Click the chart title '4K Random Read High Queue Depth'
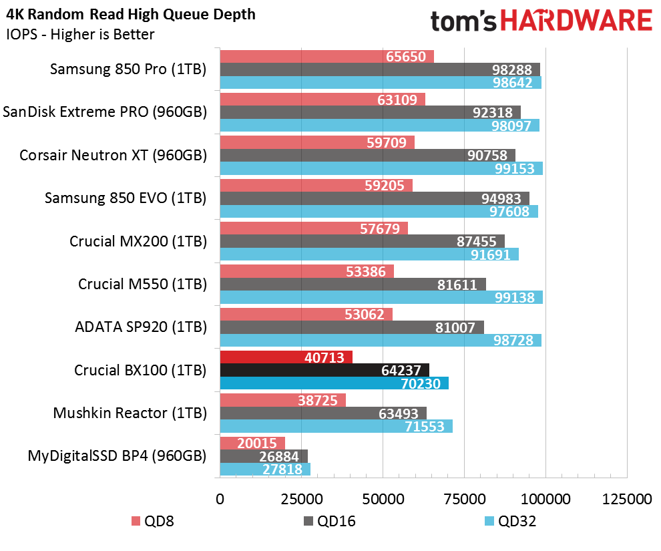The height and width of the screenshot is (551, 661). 131,15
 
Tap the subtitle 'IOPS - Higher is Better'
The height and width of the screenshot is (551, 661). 80,35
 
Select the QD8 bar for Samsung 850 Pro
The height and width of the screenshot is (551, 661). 326,57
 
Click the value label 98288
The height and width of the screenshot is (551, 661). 511,69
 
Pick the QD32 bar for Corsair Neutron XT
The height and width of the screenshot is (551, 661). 381,168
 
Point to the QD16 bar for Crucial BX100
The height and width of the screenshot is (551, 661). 324,370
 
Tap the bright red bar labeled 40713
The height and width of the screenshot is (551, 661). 286,357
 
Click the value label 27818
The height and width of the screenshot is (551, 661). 282,470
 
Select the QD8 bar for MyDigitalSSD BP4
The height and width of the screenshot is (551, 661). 252,443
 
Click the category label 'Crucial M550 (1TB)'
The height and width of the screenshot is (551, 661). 142,284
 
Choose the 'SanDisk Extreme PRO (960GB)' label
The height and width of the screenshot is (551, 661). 105,112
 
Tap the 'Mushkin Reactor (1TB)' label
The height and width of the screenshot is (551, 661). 130,413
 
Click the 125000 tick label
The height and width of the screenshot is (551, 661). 627,499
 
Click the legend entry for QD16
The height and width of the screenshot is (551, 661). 330,522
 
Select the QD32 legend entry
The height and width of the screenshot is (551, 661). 511,522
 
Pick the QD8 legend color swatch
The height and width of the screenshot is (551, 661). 136,522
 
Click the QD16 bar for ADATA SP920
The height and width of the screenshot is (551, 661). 352,327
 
